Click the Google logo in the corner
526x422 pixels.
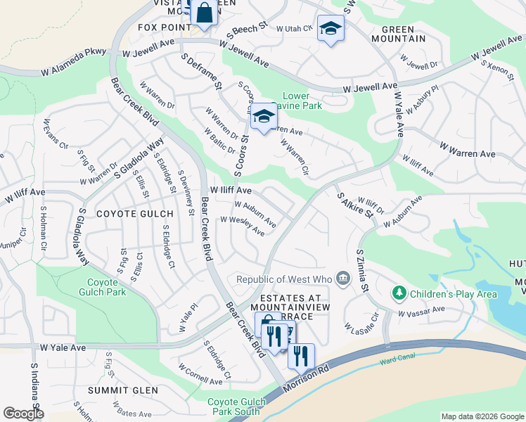point(23,413)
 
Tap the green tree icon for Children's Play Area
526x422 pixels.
point(399,292)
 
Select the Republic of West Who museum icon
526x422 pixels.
point(343,279)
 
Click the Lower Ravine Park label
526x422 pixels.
point(302,101)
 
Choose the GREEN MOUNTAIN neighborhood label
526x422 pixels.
point(403,34)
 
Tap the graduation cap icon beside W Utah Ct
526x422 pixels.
point(330,29)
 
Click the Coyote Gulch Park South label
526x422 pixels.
point(236,407)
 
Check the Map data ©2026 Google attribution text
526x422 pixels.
point(482,416)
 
